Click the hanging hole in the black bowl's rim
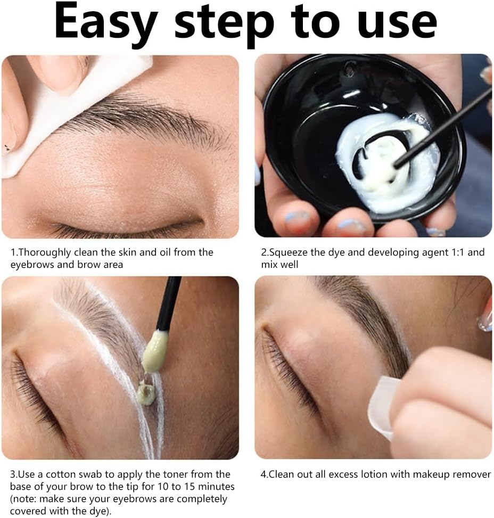(350, 68)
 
